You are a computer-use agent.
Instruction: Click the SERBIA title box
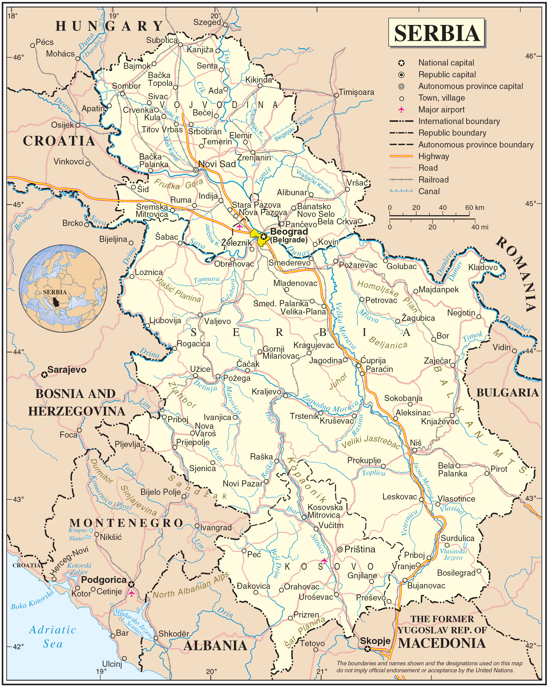tap(436, 33)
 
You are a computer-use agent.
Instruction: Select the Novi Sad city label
tap(217, 164)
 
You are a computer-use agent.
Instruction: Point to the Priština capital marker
tap(340, 549)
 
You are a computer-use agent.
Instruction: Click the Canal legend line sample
tap(401, 191)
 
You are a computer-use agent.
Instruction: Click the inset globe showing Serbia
tap(63, 288)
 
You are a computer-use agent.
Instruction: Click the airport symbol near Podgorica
tap(131, 593)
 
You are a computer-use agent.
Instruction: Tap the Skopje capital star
tap(368, 649)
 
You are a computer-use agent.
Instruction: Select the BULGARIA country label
tap(507, 392)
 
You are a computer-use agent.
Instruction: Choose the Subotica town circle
tap(180, 45)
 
